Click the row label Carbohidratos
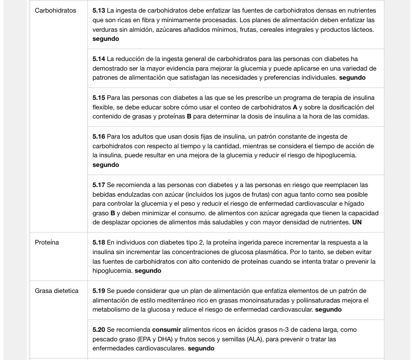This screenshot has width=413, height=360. coord(55,11)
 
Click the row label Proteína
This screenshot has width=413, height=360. coord(47,243)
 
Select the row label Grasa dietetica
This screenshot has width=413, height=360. coord(56,291)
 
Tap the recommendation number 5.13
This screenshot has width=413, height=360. coord(99,11)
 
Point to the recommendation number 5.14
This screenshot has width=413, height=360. coord(99,59)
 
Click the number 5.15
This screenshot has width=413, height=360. coord(99,97)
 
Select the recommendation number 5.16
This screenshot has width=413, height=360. coord(99,137)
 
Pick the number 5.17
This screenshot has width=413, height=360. coord(99,185)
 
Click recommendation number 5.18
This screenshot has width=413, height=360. coord(99,243)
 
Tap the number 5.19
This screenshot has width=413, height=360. coord(99,291)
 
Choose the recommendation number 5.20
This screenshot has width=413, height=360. coord(99,329)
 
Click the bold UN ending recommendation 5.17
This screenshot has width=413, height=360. coord(357,222)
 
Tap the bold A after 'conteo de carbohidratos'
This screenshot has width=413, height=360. coord(295,107)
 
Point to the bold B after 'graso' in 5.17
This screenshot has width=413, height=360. coord(113,213)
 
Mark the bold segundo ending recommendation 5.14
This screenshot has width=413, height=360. coord(352,78)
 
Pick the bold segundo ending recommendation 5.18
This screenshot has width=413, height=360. coord(148,271)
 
